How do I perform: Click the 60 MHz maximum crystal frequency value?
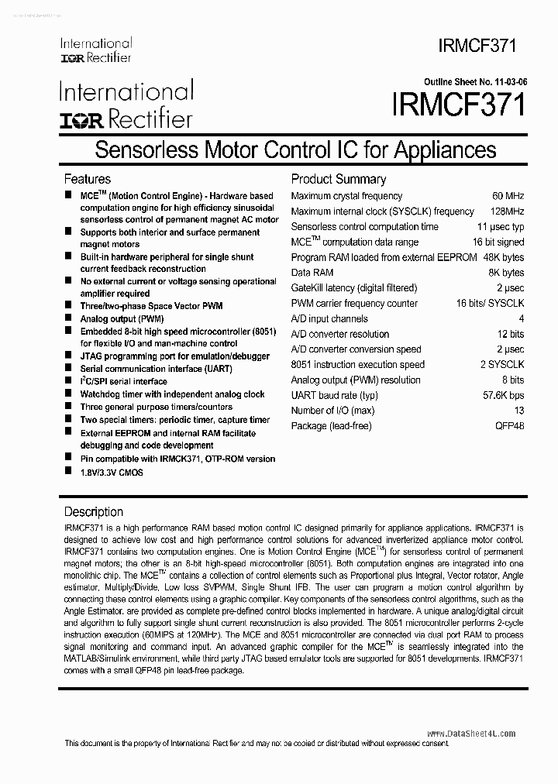pos(508,196)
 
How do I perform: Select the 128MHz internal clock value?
pos(505,211)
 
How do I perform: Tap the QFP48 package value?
pos(509,426)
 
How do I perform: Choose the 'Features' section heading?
pos(87,179)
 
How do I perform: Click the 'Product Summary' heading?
pos(338,179)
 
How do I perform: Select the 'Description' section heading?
pos(93,512)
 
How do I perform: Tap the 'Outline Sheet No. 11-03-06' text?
pos(474,81)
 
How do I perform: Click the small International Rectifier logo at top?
pos(95,50)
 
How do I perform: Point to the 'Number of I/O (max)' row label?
pos(332,411)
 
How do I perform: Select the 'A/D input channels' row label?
pos(329,318)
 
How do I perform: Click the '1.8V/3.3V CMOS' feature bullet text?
pos(112,472)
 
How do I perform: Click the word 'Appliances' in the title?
pos(445,149)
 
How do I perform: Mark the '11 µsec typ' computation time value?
pos(501,227)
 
